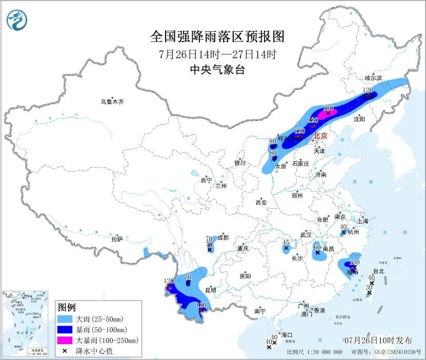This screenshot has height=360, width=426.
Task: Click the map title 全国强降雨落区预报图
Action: pos(217,37)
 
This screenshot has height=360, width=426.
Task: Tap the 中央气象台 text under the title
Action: pos(217,70)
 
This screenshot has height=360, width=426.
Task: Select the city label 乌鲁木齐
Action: pos(112,102)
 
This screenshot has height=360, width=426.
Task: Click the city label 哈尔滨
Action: pos(373,78)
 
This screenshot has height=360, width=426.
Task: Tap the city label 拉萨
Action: pos(117,238)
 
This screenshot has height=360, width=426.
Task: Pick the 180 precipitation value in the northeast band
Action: pos(329,108)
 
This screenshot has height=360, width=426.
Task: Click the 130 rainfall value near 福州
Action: pos(354,262)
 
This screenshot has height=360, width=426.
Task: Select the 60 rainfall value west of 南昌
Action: pos(317,247)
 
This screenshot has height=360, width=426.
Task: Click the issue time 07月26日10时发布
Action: pos(377,341)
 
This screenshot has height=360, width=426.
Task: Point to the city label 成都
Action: pos(222,237)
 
